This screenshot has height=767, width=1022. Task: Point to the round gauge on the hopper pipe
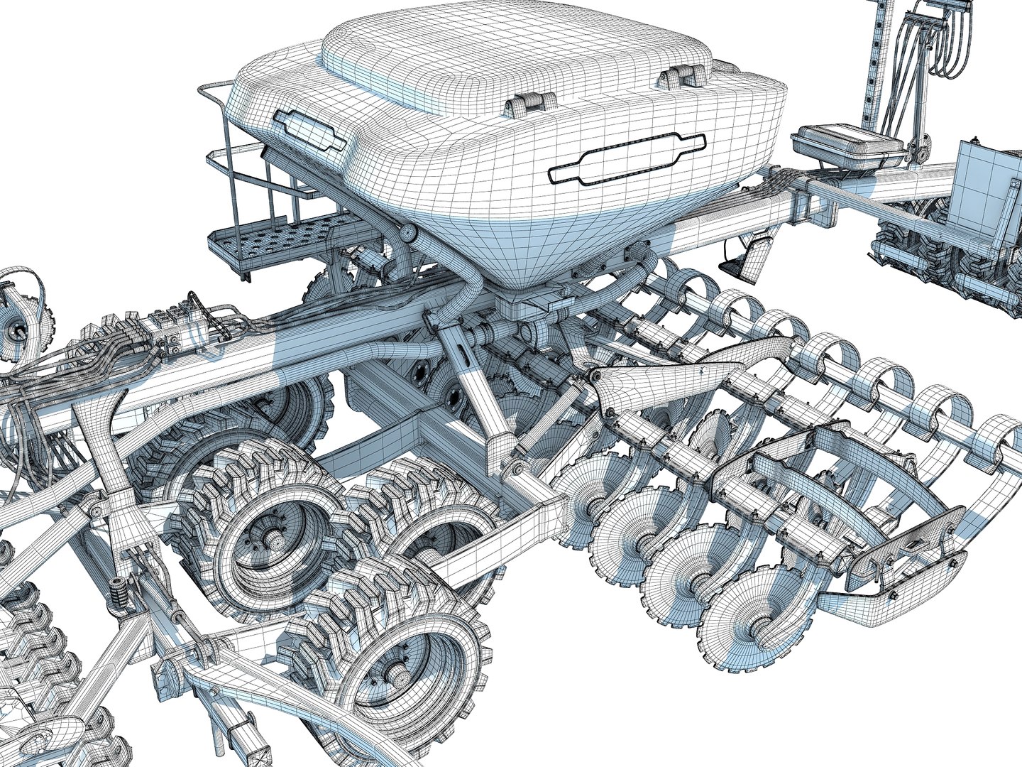click(409, 234)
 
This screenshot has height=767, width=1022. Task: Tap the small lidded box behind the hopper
click(849, 145)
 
